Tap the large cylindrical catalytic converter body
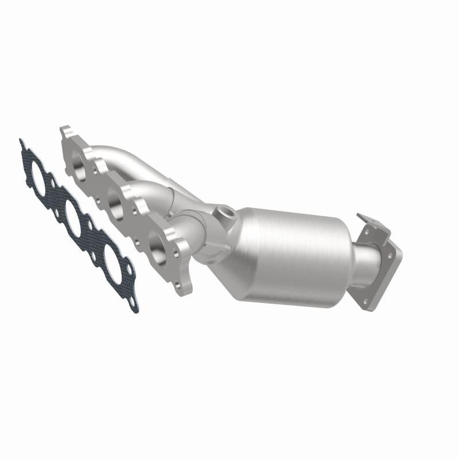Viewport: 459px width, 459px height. [287, 241]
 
